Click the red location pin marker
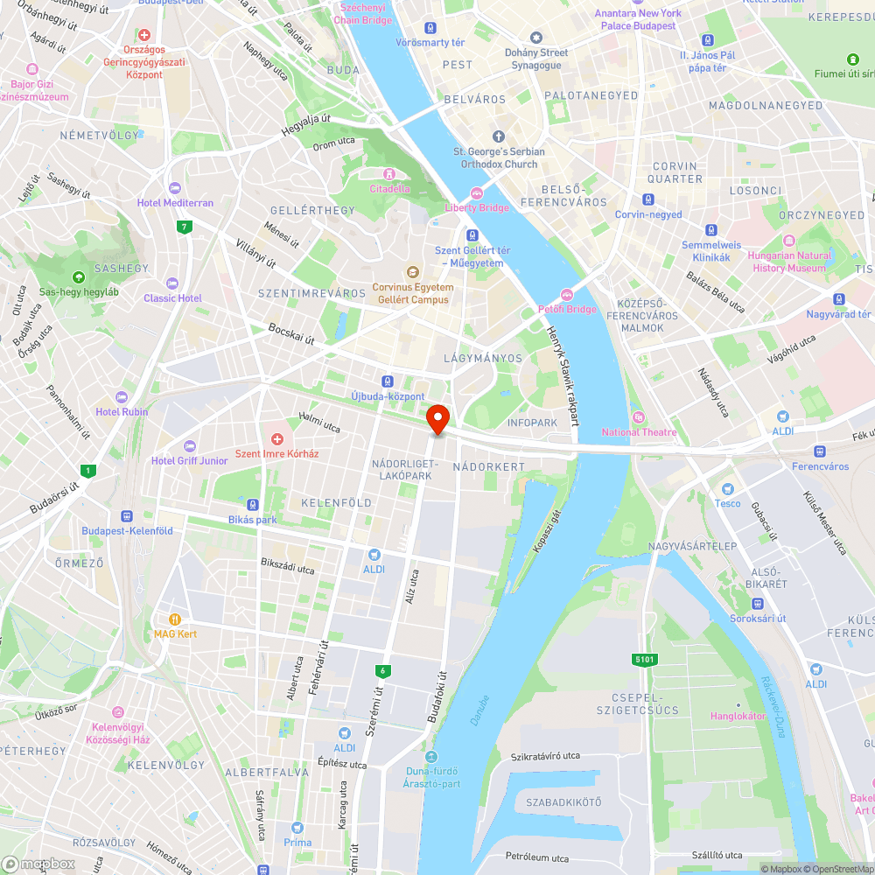[x=437, y=418]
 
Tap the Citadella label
[x=389, y=188]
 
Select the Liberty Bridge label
[x=477, y=207]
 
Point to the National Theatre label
[x=639, y=431]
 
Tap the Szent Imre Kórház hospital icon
[x=277, y=438]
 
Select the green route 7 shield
[x=184, y=227]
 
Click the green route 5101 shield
[x=645, y=659]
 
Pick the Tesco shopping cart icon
[x=726, y=487]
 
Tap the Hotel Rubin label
[x=122, y=412]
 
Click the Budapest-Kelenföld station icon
[x=127, y=516]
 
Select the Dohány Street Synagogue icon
[x=536, y=38]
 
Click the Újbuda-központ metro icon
[x=388, y=381]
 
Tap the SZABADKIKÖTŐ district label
[x=563, y=802]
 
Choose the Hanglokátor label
[x=738, y=716]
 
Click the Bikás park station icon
[x=252, y=505]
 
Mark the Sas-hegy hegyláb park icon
[x=79, y=276]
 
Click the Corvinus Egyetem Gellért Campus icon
[x=413, y=272]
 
